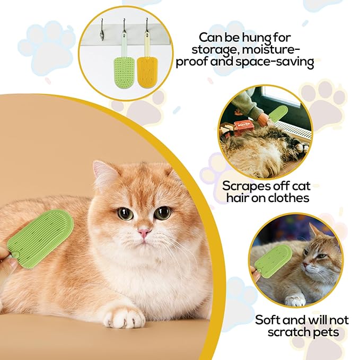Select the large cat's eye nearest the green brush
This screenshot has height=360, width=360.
pyautogui.click(x=125, y=214)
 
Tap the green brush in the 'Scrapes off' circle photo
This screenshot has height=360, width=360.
pyautogui.click(x=277, y=113)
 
